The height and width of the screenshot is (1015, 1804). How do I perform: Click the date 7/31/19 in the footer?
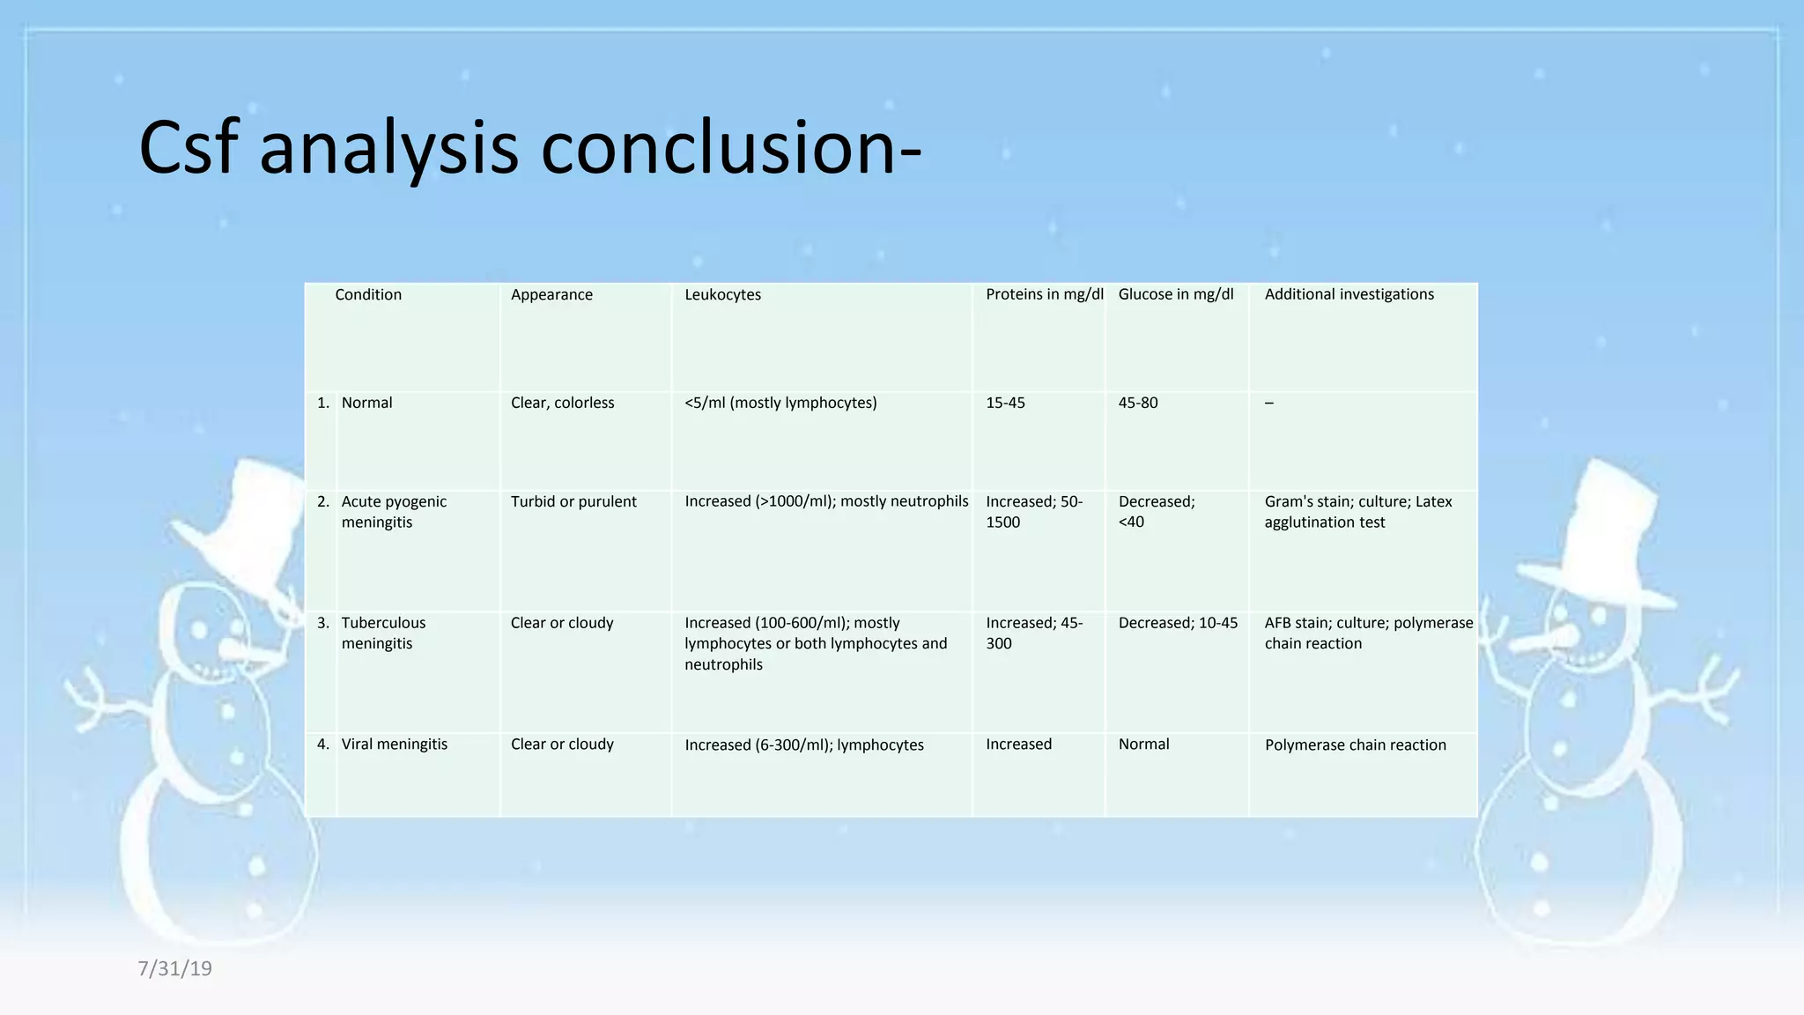pyautogui.click(x=174, y=968)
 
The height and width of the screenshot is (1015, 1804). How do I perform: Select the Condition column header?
pyautogui.click(x=368, y=294)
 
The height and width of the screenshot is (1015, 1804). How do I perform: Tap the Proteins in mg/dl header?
pyautogui.click(x=1044, y=294)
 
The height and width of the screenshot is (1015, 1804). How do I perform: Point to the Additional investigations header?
pyautogui.click(x=1349, y=294)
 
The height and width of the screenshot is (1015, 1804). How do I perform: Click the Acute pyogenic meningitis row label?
pyautogui.click(x=394, y=512)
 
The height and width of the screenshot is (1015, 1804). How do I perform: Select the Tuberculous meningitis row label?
pyautogui.click(x=383, y=633)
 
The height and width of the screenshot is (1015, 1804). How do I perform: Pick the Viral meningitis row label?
pyautogui.click(x=394, y=745)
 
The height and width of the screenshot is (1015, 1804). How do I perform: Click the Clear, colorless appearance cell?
pyautogui.click(x=562, y=403)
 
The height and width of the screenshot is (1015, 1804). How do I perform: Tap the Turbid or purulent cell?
pyautogui.click(x=573, y=501)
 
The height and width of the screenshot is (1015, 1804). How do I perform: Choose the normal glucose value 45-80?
pyautogui.click(x=1137, y=403)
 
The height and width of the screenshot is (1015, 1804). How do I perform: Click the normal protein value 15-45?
pyautogui.click(x=1005, y=403)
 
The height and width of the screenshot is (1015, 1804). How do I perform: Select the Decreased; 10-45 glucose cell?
pyautogui.click(x=1178, y=623)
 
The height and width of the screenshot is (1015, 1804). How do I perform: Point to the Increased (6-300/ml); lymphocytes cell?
pyautogui.click(x=803, y=745)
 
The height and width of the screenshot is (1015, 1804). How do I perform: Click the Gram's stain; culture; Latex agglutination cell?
pyautogui.click(x=1357, y=512)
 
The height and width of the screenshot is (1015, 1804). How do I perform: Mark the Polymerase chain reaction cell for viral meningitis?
pyautogui.click(x=1355, y=745)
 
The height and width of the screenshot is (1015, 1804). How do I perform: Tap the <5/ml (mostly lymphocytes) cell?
pyautogui.click(x=780, y=403)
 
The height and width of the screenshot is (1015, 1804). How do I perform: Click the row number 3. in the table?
pyautogui.click(x=323, y=623)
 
